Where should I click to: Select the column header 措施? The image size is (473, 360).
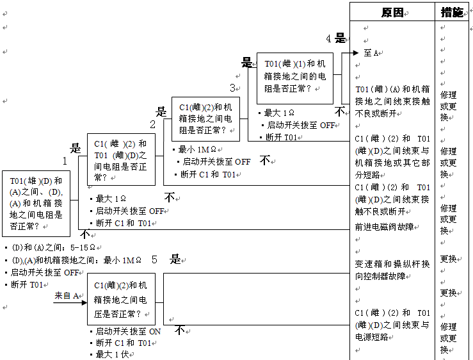(x=453, y=12)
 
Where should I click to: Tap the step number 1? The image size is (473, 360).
(x=65, y=161)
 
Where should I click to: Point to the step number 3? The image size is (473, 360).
(x=233, y=88)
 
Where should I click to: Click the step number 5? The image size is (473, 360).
(x=154, y=259)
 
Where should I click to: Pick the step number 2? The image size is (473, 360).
(x=153, y=124)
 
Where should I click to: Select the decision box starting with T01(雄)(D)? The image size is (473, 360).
(x=36, y=203)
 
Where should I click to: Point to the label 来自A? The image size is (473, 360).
(x=67, y=295)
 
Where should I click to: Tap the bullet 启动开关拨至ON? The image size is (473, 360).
(x=127, y=331)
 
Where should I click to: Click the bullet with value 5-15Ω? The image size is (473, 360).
(x=52, y=247)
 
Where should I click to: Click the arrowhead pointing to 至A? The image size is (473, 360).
(x=356, y=53)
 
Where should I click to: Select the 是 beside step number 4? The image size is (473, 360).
(x=341, y=38)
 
